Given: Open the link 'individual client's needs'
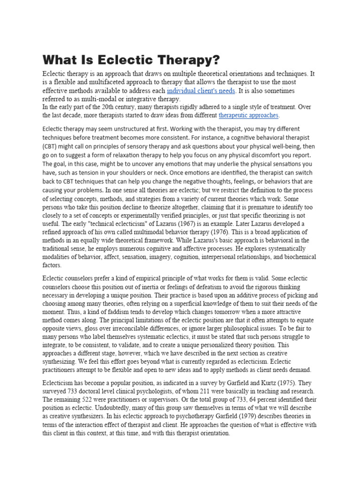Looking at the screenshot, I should pyautogui.click(x=201, y=90).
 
